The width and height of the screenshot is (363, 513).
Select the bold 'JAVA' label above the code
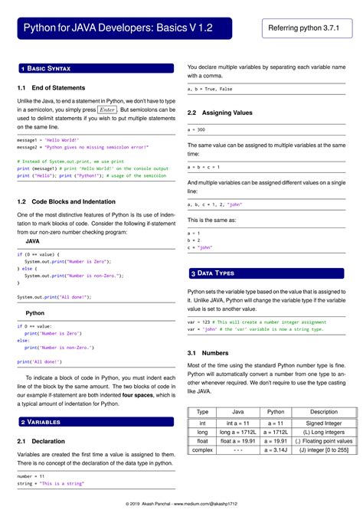coord(33,241)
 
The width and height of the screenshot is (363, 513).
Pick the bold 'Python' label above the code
coord(35,313)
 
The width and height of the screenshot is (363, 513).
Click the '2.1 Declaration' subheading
coord(41,441)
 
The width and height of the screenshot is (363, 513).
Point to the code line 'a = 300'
coord(196,130)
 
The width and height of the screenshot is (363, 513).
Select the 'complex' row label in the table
coord(202,451)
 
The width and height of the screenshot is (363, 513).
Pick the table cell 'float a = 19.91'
coord(238,441)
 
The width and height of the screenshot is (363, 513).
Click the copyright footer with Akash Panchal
coord(181,503)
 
